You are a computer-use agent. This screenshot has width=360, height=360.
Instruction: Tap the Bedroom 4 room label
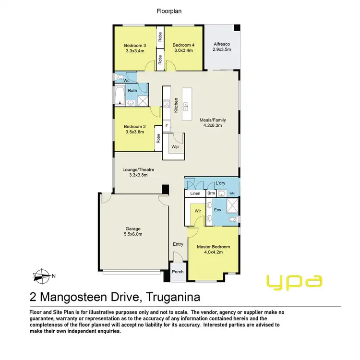coord(182,46)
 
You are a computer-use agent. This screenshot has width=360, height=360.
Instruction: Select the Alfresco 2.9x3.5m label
coord(222,47)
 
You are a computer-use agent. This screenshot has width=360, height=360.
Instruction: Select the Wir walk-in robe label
coord(197,211)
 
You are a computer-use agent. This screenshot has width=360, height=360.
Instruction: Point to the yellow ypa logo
coord(294,281)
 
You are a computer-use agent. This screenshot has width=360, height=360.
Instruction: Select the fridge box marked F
coord(167,127)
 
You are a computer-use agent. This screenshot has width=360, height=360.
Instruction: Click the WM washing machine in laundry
coord(232,193)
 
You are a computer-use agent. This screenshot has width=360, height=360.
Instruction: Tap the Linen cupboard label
coord(195,193)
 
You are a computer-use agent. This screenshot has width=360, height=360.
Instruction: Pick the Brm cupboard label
coord(211,193)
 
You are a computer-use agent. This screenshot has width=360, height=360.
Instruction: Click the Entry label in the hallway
coord(178,244)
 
